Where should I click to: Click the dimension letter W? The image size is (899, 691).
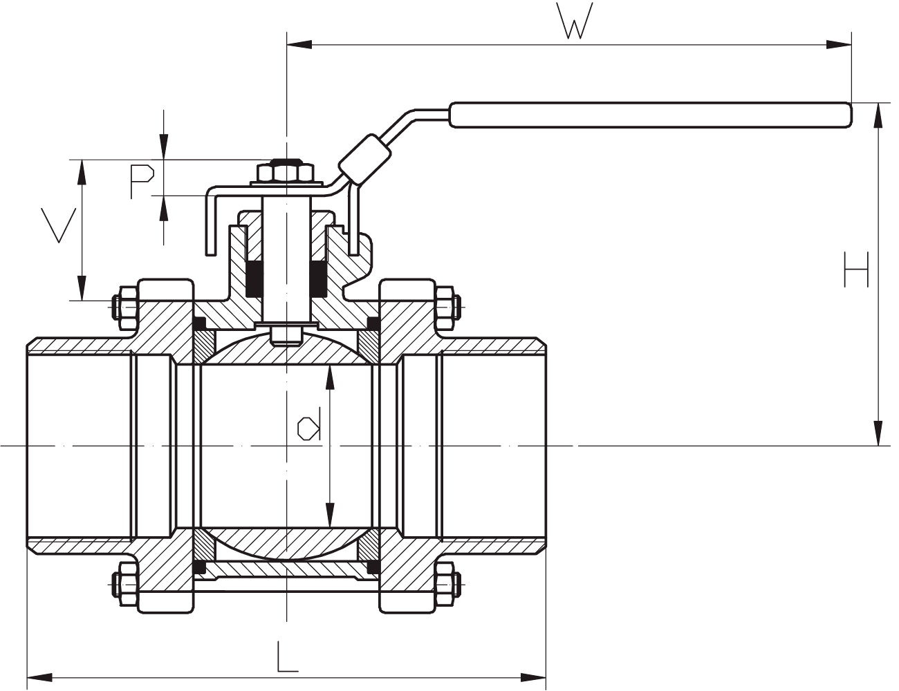click(x=575, y=23)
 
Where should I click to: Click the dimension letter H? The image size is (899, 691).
click(x=856, y=269)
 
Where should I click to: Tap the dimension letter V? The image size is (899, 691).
click(x=58, y=225)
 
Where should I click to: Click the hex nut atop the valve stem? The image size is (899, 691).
click(x=285, y=172)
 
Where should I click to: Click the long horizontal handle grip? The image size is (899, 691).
click(x=650, y=115)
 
